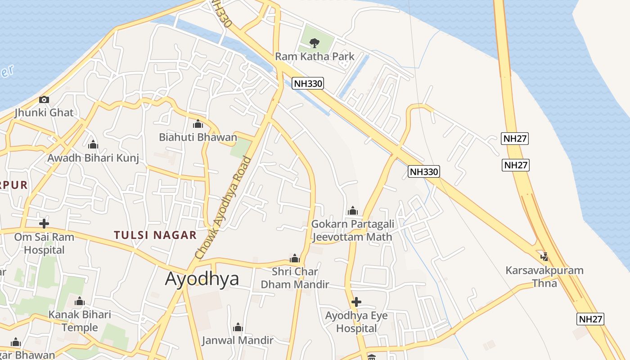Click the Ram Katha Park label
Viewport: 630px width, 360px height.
point(315,57)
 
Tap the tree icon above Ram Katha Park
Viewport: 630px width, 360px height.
point(315,43)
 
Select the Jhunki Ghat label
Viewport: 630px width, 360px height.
point(44,112)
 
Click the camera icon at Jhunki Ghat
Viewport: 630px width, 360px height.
point(44,99)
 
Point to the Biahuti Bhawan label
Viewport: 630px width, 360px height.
point(198,137)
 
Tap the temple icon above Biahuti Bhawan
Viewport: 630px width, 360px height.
point(198,124)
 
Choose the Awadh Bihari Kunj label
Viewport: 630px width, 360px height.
point(93,158)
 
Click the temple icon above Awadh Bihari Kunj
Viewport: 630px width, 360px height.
point(93,144)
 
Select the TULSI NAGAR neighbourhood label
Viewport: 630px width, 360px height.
point(155,235)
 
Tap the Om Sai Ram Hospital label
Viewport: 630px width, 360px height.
point(44,243)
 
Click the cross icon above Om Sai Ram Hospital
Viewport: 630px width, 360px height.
point(44,223)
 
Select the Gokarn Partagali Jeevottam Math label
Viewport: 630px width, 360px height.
point(353,230)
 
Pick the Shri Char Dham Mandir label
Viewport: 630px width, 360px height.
point(295,278)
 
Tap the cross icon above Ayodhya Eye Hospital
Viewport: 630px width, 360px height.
point(356,301)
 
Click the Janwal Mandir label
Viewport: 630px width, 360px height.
point(238,340)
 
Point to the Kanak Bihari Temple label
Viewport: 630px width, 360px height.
point(80,321)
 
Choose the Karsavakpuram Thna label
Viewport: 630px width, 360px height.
point(544,277)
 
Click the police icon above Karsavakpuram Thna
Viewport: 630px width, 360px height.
point(544,256)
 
